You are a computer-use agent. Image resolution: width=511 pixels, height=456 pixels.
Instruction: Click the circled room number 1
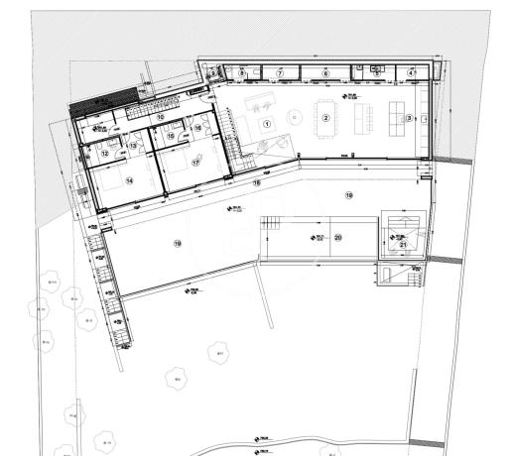point(265,123)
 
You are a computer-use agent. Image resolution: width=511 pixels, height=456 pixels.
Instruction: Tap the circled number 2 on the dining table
point(324,117)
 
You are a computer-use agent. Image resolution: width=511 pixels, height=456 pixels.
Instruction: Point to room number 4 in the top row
point(411,73)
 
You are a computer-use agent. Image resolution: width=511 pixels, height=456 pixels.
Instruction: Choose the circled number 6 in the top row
point(325,73)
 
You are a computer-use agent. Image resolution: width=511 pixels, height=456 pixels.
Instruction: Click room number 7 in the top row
point(280,73)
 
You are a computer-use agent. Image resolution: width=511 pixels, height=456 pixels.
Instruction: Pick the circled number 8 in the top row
point(241,73)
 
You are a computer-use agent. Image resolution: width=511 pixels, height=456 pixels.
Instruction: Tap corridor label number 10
point(160,115)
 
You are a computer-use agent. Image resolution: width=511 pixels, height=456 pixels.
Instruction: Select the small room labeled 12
point(106,153)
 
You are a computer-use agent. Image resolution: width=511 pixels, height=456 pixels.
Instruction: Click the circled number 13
point(132,146)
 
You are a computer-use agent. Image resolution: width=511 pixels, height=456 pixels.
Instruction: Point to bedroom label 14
point(129,180)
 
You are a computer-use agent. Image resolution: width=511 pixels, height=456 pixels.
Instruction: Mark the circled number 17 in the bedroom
point(195,161)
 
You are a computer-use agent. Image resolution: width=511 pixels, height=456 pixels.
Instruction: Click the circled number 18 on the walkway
point(255,183)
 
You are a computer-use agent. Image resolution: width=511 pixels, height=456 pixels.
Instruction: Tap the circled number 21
point(403,244)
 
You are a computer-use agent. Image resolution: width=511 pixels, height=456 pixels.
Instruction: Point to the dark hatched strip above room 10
point(102,102)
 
